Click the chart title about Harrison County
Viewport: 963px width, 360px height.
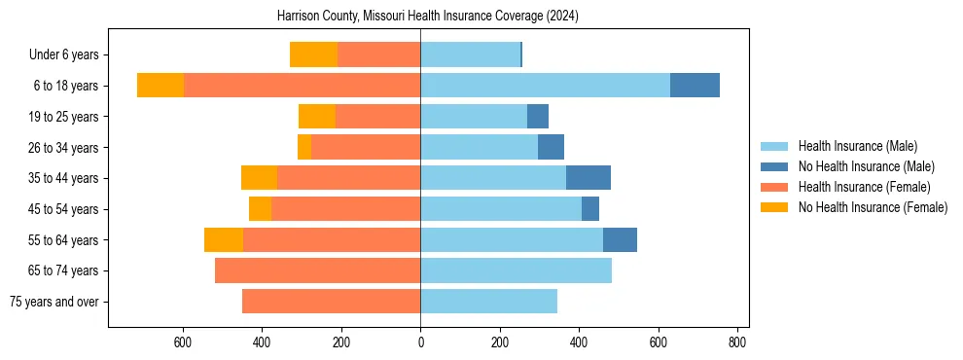(428, 17)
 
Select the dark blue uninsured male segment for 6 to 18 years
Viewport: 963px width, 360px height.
(695, 86)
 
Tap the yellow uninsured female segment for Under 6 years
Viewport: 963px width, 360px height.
(313, 54)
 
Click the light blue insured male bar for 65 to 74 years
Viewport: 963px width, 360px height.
(516, 270)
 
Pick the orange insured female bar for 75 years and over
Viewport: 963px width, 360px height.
(331, 302)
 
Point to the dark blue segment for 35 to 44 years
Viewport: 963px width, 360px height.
(588, 178)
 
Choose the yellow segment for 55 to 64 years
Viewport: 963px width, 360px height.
(224, 239)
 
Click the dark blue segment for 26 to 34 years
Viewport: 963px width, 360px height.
(551, 147)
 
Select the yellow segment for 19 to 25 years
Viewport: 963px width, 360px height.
(317, 117)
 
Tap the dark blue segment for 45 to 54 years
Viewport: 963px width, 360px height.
(590, 209)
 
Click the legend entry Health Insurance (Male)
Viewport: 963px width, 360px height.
(857, 146)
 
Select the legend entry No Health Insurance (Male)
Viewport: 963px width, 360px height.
(866, 166)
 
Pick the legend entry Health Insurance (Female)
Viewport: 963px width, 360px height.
(864, 187)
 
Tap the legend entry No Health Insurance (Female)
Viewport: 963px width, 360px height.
(873, 207)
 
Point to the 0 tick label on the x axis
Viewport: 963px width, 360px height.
(420, 342)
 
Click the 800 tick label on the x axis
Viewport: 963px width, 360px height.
(737, 342)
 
